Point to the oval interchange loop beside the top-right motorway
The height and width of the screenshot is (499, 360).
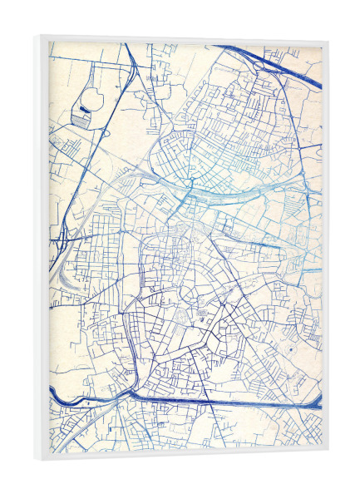(x=260, y=65)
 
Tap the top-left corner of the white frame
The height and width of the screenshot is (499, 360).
(x=36, y=37)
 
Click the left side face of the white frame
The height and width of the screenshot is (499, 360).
(x=41, y=249)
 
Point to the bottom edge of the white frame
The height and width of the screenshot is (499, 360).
(x=183, y=459)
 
